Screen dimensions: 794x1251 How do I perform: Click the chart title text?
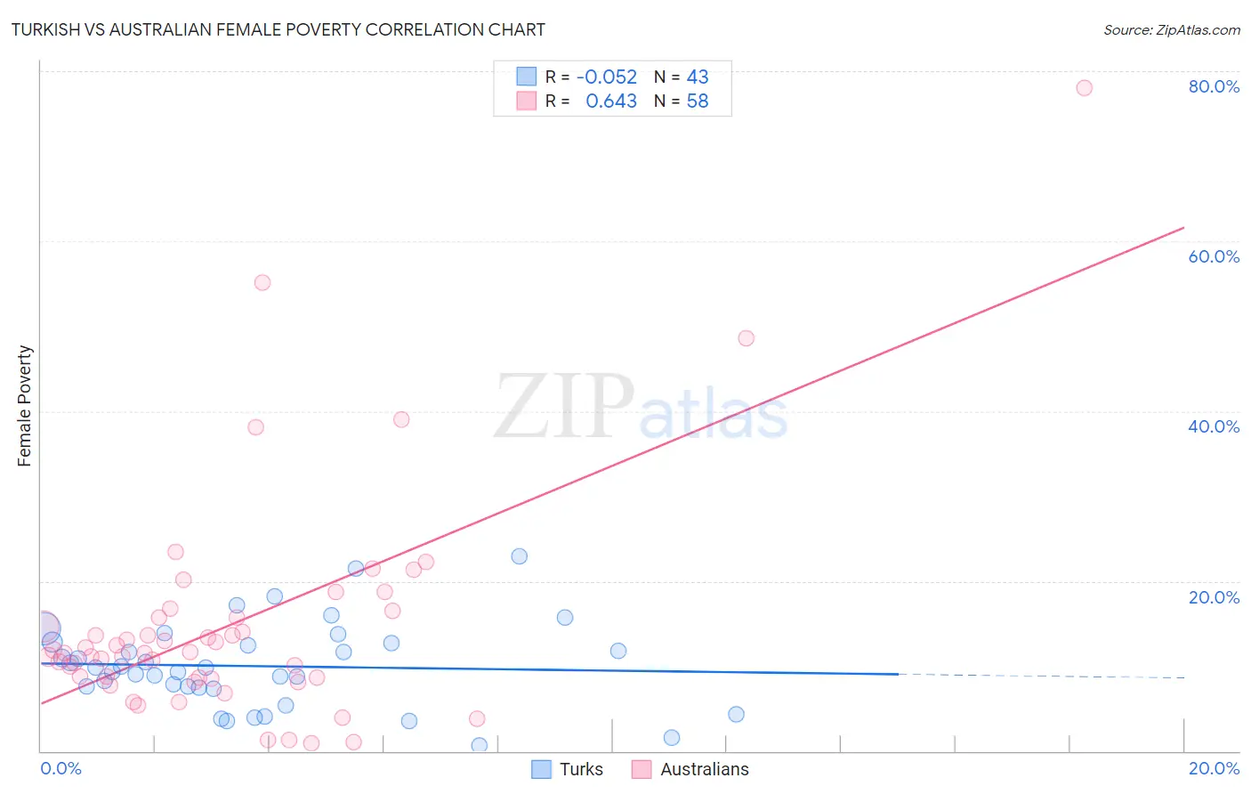pos(278,29)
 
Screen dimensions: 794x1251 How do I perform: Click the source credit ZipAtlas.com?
pos(1171,30)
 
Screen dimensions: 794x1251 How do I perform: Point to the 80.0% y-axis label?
pos(1214,86)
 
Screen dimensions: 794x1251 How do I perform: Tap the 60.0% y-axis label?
pos(1214,256)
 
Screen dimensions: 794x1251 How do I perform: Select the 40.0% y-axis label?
pos(1214,426)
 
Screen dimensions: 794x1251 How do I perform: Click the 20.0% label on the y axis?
pos(1214,596)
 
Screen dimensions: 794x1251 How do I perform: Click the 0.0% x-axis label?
pos(61,768)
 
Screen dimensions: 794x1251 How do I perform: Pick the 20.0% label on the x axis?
pos(1214,768)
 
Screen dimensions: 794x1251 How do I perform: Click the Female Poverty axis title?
pos(25,406)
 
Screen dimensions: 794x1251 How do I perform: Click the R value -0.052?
pos(607,77)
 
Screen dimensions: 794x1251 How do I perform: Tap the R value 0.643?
pos(611,101)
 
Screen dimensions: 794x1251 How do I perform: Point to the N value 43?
pos(698,77)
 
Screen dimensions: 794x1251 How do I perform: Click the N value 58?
pos(698,101)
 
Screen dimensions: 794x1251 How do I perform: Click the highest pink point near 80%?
pos(1084,88)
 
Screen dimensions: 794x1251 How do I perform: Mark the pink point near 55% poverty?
pos(262,283)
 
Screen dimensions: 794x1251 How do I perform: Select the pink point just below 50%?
pos(747,338)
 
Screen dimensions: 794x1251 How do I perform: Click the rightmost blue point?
pos(736,714)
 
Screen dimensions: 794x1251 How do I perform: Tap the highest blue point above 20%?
pos(520,556)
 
